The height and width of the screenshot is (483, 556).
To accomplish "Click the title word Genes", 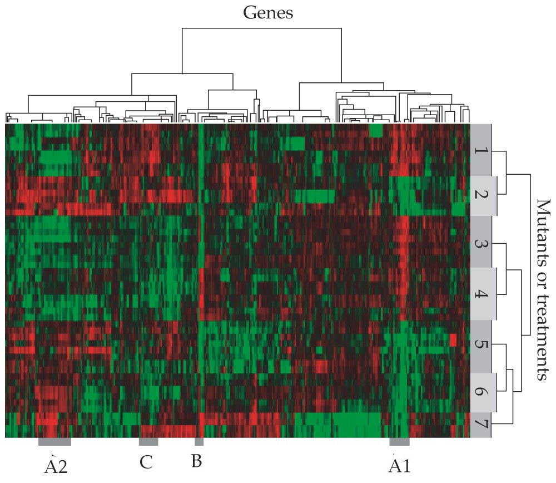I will pyautogui.click(x=268, y=12).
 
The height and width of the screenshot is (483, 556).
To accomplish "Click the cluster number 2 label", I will pyautogui.click(x=481, y=195).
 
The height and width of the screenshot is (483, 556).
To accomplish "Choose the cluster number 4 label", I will pyautogui.click(x=481, y=293).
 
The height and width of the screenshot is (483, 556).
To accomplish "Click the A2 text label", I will pyautogui.click(x=56, y=466).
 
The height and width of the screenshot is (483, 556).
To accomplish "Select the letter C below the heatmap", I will pyautogui.click(x=146, y=462).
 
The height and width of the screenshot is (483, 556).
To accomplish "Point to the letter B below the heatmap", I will pyautogui.click(x=196, y=462).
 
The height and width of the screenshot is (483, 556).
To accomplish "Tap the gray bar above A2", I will pyautogui.click(x=54, y=442).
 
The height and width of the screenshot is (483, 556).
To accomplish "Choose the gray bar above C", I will pyautogui.click(x=148, y=442).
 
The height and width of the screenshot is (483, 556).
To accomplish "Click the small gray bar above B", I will pyautogui.click(x=198, y=442).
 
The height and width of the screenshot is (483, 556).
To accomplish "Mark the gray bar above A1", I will pyautogui.click(x=399, y=442).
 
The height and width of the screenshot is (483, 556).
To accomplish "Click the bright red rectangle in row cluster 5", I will pyautogui.click(x=453, y=340).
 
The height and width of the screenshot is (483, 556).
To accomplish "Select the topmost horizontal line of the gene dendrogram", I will pyautogui.click(x=261, y=28).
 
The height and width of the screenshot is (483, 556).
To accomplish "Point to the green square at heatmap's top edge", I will pyautogui.click(x=376, y=130).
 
